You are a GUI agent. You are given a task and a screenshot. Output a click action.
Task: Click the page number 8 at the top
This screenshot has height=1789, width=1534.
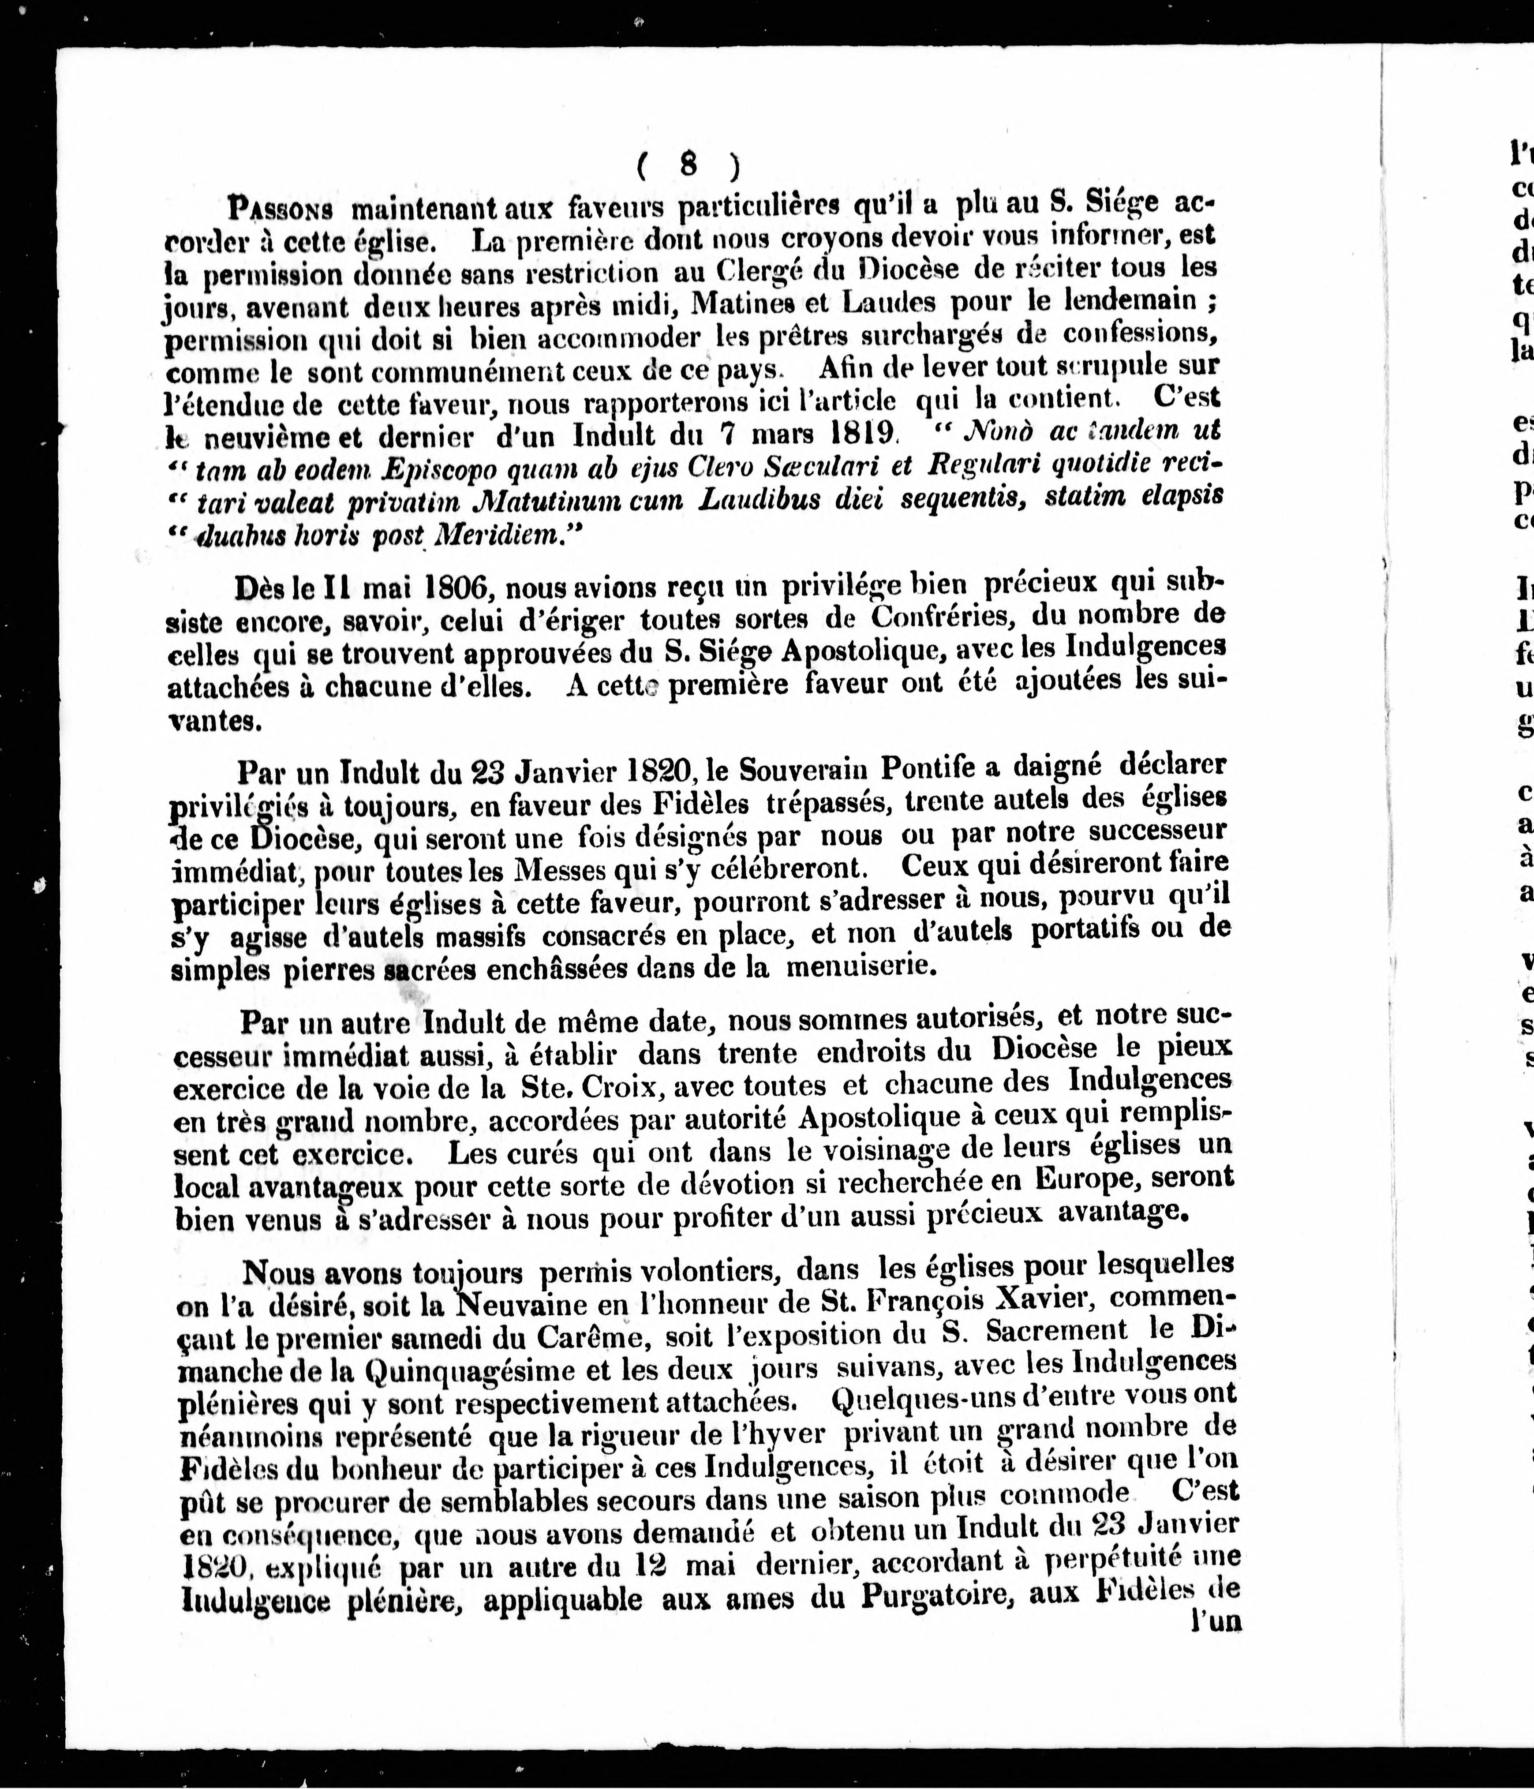click(688, 163)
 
